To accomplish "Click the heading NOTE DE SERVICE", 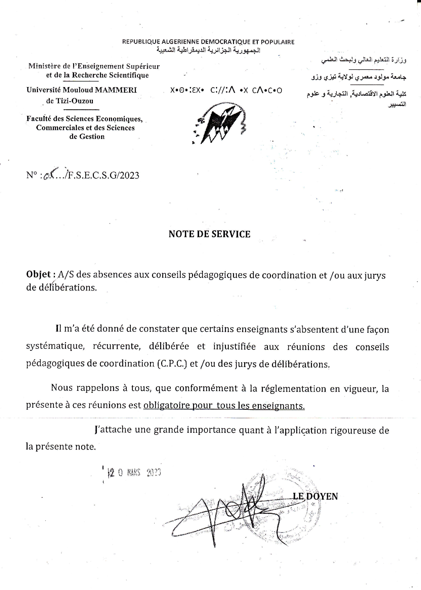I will tap(209, 234).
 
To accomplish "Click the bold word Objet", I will tap(39, 274).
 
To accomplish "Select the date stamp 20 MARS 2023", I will tap(135, 473).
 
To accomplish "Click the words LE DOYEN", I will tap(315, 496).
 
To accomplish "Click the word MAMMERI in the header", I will tap(116, 90).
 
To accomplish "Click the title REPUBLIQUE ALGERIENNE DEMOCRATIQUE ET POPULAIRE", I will tap(208, 42).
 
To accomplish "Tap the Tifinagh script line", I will tap(226, 91).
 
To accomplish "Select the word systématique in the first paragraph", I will tap(55, 346).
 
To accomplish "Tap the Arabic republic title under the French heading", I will tap(208, 50).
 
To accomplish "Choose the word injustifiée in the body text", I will tap(234, 346).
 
